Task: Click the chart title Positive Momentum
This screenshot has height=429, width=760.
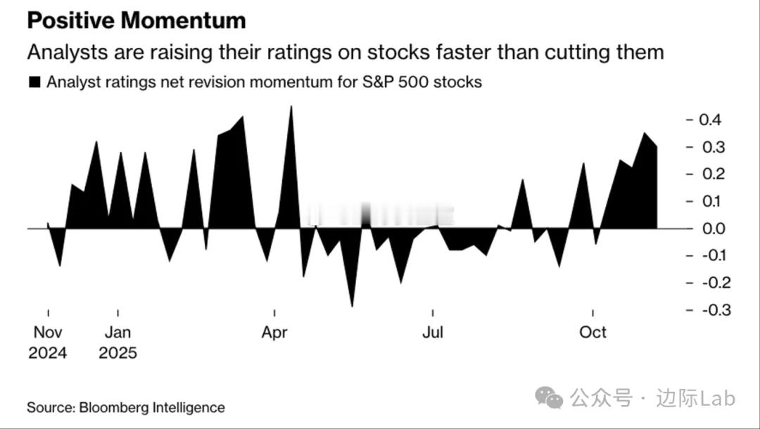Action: [137, 20]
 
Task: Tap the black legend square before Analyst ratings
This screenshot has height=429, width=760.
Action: [34, 82]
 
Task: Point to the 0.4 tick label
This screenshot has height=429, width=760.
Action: [710, 120]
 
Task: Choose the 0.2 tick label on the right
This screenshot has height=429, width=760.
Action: [710, 174]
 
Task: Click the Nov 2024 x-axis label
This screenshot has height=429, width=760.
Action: [48, 342]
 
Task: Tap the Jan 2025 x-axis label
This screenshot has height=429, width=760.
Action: [118, 342]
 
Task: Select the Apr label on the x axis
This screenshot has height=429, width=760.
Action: [274, 333]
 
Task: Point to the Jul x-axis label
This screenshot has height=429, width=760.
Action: [432, 333]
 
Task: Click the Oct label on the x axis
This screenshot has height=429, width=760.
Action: [593, 333]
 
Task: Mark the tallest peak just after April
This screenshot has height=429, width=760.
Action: [291, 108]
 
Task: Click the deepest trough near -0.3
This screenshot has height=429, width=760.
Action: [352, 305]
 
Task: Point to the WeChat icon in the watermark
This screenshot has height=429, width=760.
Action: [549, 399]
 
